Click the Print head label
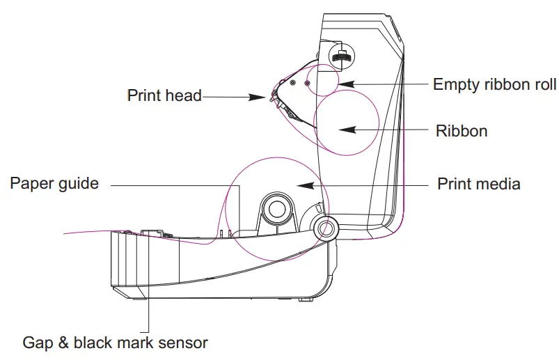pyautogui.click(x=164, y=95)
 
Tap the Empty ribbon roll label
pyautogui.click(x=494, y=85)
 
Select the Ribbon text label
pyautogui.click(x=462, y=130)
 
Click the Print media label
pyautogui.click(x=479, y=185)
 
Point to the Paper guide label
pyautogui.click(x=54, y=184)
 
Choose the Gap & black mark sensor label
pyautogui.click(x=115, y=343)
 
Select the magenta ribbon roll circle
pyautogui.click(x=346, y=125)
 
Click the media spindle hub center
pyautogui.click(x=277, y=210)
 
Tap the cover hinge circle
pyautogui.click(x=324, y=227)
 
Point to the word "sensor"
pyautogui.click(x=184, y=343)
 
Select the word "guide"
pyautogui.click(x=79, y=184)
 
